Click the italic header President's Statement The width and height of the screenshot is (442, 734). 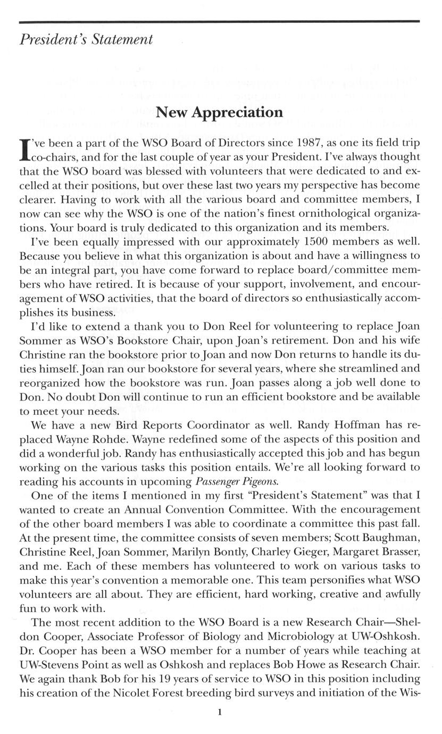(86, 40)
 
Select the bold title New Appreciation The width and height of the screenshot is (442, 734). (219, 112)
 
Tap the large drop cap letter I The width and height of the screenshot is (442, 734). (24, 150)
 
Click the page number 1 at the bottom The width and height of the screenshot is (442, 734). (219, 714)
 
